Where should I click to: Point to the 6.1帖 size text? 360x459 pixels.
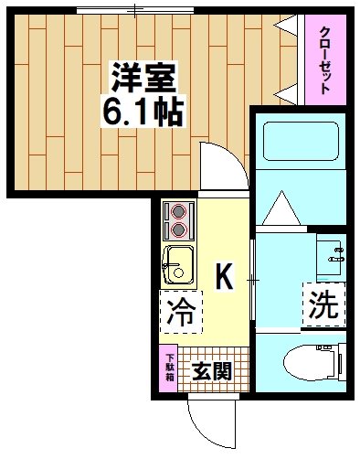tap(144, 112)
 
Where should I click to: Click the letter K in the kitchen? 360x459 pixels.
tap(223, 273)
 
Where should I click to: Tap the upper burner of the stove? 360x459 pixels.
tap(178, 211)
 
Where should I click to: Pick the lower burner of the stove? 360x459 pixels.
tap(178, 229)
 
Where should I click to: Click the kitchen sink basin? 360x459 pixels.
tap(178, 264)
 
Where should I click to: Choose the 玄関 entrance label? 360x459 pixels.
tap(211, 371)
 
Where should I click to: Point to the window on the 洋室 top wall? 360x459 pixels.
tap(134, 11)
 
